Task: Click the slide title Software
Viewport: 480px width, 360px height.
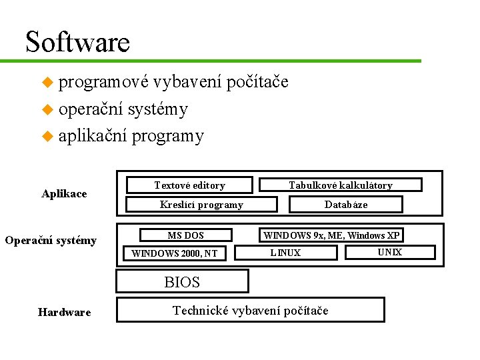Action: pos(77,42)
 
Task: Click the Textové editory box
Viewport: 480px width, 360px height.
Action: pos(189,185)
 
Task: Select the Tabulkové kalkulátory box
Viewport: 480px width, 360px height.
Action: pos(340,185)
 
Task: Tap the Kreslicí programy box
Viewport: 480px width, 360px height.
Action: pos(201,205)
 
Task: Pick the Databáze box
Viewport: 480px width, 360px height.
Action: pos(345,205)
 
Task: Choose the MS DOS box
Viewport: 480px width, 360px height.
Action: pos(185,235)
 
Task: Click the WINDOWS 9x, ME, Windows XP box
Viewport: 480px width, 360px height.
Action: pos(331,235)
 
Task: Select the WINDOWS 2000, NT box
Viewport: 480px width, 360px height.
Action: pos(175,253)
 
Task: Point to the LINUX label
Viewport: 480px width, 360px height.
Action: pos(285,253)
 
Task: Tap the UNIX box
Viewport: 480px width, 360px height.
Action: pos(389,252)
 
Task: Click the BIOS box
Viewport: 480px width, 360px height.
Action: pos(182,282)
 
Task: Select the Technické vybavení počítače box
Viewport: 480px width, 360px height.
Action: pos(251,310)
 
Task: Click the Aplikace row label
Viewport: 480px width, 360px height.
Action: pos(64,193)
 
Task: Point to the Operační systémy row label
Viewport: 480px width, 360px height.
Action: pos(51,240)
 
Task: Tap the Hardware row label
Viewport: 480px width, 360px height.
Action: pos(64,312)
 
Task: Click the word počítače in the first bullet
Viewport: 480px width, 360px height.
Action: pos(257,82)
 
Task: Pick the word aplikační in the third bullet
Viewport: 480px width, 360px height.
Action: pos(93,136)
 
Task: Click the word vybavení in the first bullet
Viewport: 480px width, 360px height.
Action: pos(187,82)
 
